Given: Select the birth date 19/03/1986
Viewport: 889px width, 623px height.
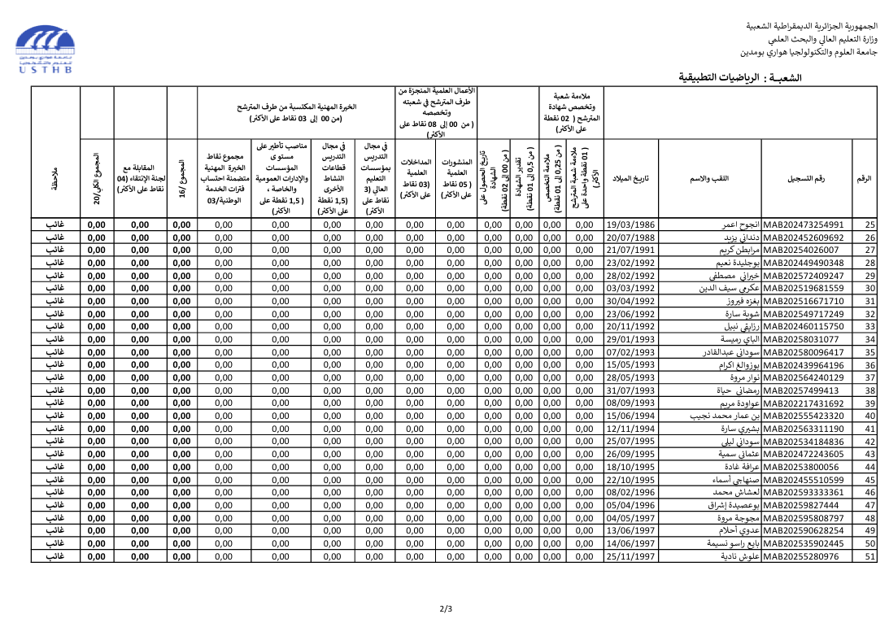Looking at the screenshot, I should click(630, 225).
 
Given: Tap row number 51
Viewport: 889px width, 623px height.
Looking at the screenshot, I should click(869, 557).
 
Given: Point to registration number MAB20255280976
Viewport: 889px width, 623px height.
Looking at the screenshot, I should click(800, 557).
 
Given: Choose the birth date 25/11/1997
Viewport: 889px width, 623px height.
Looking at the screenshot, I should click(630, 557).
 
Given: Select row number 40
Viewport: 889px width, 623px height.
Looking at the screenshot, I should click(869, 416).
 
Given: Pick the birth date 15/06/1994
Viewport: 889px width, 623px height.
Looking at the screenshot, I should click(630, 416).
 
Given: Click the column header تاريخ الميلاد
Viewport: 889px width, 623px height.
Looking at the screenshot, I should click(630, 178).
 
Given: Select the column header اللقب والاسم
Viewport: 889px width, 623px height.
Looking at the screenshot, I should click(709, 178).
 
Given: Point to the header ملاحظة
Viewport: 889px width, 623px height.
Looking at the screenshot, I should click(54, 178).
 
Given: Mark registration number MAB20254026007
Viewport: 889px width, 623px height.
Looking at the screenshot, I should click(800, 251).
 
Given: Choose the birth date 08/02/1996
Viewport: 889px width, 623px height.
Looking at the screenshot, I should click(630, 493).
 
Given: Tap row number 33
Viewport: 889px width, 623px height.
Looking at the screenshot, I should click(869, 327).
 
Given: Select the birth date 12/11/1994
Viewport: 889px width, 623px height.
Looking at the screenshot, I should click(630, 429).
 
